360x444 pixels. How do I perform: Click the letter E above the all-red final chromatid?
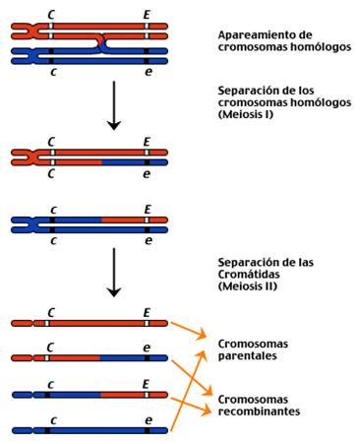point(148,310)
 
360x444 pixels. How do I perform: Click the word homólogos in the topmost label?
point(316,47)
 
